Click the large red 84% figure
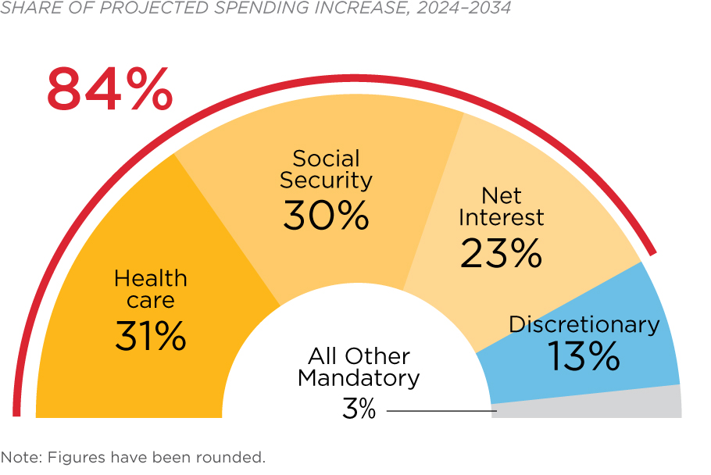point(109,89)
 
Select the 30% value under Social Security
point(326,215)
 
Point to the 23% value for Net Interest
point(501,252)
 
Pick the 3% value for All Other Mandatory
point(359,409)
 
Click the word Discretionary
point(584,324)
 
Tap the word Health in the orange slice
point(151,278)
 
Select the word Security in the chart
point(326,180)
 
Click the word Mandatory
point(359,379)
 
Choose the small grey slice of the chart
point(594,405)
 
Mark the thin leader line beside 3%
point(441,410)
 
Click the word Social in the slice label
point(326,159)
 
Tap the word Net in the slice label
point(501,195)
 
